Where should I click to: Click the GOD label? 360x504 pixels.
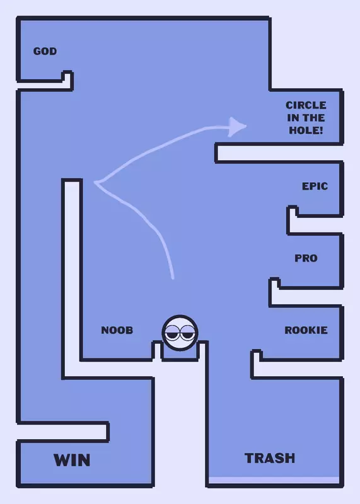click(45, 51)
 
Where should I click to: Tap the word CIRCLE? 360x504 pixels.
click(306, 105)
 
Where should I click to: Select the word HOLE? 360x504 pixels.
click(306, 130)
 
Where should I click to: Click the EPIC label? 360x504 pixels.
click(315, 186)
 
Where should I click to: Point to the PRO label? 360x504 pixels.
click(306, 258)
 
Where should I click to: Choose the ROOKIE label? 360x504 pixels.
click(306, 330)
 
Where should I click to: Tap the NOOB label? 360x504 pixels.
click(117, 330)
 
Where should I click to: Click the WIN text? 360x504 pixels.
click(72, 460)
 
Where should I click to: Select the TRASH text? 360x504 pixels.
click(270, 458)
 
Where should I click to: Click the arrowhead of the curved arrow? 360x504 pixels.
click(237, 127)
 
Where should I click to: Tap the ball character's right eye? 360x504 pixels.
click(187, 333)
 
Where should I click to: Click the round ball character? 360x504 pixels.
click(180, 333)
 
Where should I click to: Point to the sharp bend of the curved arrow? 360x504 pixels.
click(96, 183)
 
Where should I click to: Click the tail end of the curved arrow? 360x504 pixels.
click(173, 277)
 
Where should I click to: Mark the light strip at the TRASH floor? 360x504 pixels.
click(274, 480)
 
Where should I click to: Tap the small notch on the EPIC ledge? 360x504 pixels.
click(292, 211)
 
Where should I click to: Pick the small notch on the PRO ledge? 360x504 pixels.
click(274, 283)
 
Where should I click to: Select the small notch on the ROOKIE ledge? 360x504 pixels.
click(257, 355)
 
